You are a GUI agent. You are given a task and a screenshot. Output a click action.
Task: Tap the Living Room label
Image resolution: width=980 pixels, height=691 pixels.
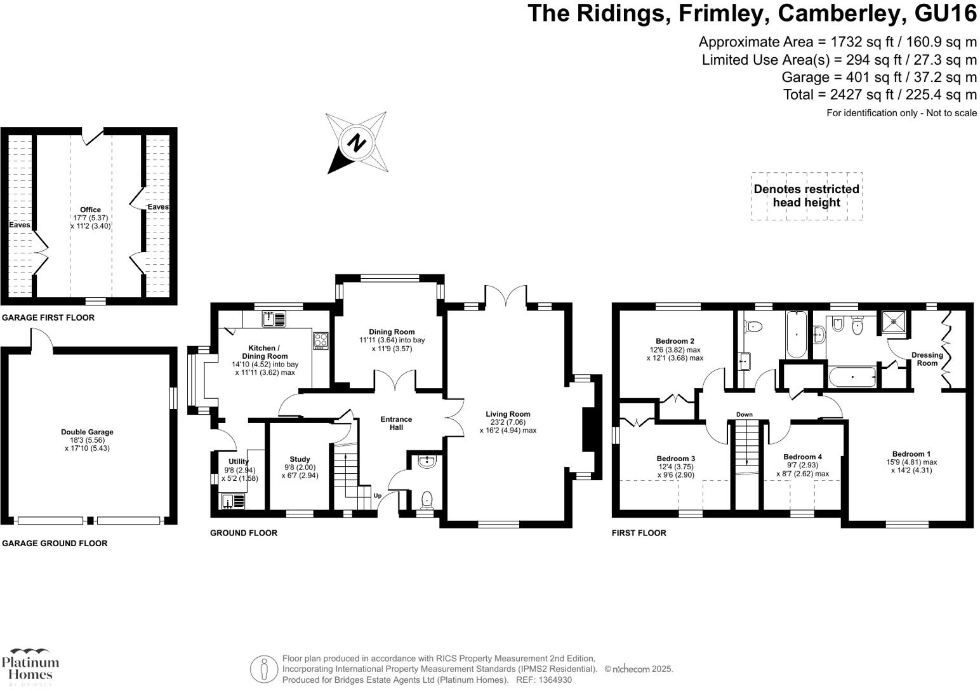tap(508, 414)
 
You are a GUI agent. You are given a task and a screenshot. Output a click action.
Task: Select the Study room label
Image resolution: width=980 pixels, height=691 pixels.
tap(300, 459)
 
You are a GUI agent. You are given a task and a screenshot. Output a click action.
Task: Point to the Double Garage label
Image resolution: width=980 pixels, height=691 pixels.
tap(88, 432)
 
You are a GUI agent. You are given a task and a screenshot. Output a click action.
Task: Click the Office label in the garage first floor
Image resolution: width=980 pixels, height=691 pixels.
tap(90, 210)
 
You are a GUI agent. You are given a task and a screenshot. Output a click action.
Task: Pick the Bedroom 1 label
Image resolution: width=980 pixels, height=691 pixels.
tap(911, 453)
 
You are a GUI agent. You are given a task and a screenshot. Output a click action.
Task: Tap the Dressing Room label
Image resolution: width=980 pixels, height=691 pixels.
tap(927, 359)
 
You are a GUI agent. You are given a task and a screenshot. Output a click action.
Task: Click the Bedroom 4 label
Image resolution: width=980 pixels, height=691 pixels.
tap(802, 457)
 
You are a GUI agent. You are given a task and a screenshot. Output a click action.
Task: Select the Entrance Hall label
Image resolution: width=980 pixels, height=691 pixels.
tap(396, 423)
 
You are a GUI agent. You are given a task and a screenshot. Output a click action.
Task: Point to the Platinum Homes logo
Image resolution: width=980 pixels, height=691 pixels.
tap(30, 666)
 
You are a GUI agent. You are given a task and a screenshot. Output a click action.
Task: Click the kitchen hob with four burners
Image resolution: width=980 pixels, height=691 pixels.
tap(320, 341)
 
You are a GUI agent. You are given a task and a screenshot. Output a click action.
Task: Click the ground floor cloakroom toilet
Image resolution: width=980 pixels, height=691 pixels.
tap(427, 499)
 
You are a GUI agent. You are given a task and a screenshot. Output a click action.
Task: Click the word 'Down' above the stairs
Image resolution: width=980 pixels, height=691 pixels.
tap(745, 415)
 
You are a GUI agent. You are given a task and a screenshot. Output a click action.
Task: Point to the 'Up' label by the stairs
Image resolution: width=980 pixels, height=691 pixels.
tap(377, 495)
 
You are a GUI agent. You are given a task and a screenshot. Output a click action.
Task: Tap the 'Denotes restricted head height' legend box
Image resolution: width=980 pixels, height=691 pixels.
tap(806, 196)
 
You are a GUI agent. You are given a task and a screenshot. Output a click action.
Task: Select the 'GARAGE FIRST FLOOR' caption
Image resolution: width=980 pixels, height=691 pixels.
tap(48, 318)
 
